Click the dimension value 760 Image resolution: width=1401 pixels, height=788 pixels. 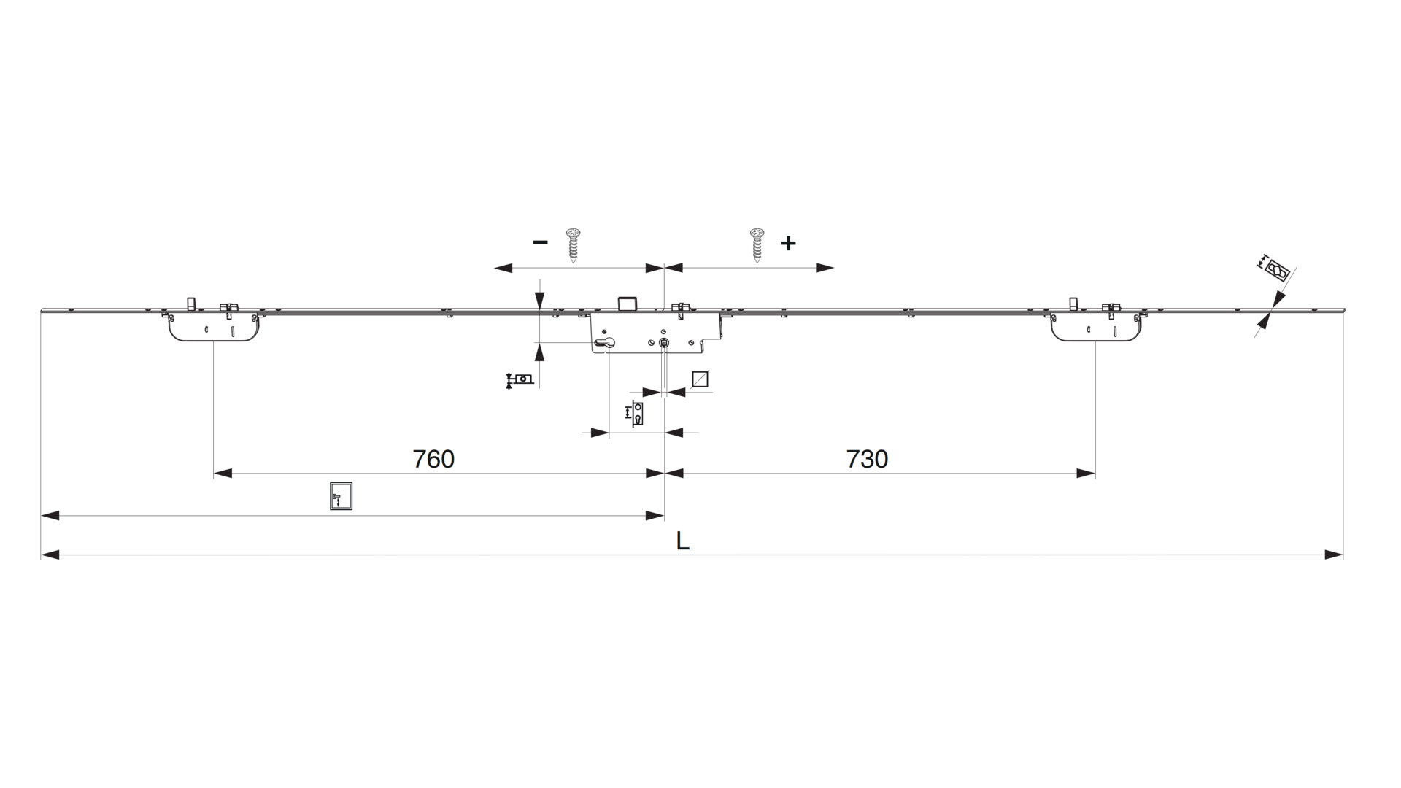click(433, 459)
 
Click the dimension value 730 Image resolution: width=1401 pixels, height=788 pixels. click(867, 459)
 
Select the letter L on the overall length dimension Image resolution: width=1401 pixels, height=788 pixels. click(683, 541)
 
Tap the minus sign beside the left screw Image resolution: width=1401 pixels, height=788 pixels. click(540, 242)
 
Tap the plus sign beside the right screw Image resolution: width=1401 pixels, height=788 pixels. click(788, 243)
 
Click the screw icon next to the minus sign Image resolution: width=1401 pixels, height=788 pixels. click(574, 245)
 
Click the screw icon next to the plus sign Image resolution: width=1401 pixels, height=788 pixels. click(757, 245)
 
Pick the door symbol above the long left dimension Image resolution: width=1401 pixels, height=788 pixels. click(341, 495)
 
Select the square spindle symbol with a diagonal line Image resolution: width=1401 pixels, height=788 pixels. click(700, 379)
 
